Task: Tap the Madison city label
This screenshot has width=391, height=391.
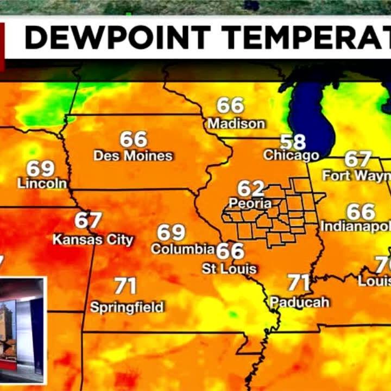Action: (x=236, y=124)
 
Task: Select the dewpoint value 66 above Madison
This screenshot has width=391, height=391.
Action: (x=230, y=105)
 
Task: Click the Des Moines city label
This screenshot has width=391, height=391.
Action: (x=133, y=156)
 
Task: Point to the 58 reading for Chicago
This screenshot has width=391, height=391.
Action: (x=293, y=142)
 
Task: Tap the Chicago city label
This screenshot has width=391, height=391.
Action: (x=291, y=155)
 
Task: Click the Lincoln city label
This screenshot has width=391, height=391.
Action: (x=42, y=184)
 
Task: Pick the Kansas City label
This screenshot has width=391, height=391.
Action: (x=93, y=239)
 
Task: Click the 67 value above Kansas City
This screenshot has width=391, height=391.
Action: (x=88, y=221)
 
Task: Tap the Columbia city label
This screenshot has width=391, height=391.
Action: (x=182, y=249)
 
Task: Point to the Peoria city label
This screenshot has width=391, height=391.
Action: (x=250, y=204)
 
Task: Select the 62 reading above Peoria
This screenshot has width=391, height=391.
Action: (x=251, y=189)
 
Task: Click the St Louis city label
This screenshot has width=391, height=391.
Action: (x=229, y=269)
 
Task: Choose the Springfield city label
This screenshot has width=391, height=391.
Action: (x=127, y=307)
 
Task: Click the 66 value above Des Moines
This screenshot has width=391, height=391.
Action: (x=134, y=140)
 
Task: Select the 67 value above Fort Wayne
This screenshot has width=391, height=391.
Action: (x=358, y=160)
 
